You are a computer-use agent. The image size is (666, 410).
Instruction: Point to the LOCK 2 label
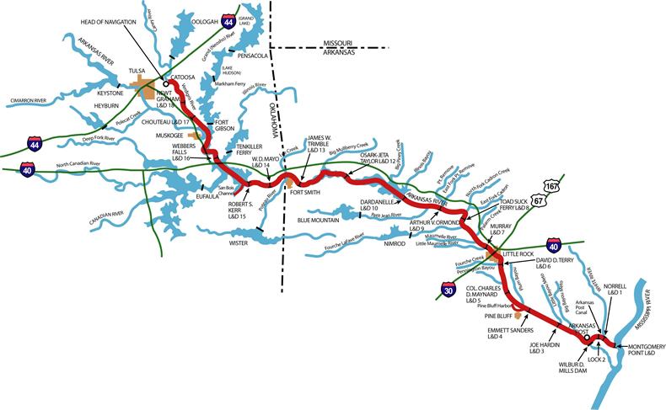pos(597,359)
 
